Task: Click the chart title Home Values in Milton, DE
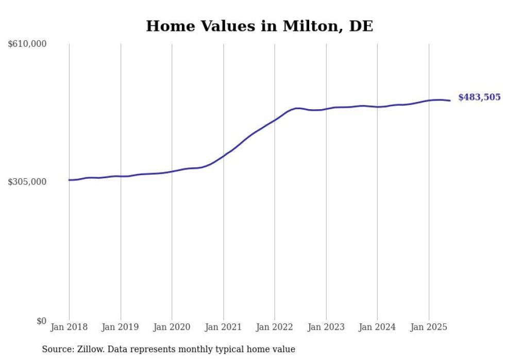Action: [259, 26]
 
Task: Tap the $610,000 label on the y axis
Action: [27, 44]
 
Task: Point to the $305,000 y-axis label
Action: [27, 182]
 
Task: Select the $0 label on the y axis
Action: [41, 321]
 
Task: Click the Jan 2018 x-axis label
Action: [69, 327]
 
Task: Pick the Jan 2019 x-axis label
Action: [121, 327]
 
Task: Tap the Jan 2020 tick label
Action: [172, 327]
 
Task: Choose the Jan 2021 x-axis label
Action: [223, 327]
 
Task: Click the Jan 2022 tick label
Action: [275, 327]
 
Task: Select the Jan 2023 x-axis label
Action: [326, 327]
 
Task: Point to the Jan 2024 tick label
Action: [377, 327]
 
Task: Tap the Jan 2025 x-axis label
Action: [429, 327]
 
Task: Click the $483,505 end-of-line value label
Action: [479, 97]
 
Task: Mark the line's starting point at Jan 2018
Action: [69, 180]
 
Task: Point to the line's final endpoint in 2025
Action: [450, 100]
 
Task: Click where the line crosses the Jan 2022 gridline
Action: [275, 120]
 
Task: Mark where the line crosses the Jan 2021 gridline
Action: [223, 156]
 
